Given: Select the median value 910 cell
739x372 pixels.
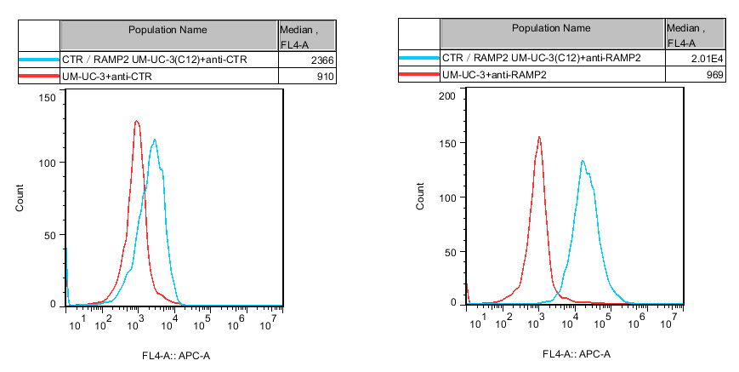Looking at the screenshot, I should point(324,77).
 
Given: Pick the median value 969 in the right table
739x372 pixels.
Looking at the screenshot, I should point(713,75).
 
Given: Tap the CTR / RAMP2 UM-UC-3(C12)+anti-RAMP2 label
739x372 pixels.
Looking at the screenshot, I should point(541,58).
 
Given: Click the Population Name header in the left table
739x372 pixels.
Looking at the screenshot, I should point(168,30).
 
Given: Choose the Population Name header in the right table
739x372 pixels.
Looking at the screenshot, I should point(551,28).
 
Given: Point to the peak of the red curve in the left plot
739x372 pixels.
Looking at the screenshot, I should point(136,121).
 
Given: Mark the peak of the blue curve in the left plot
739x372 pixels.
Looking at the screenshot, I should point(154,140).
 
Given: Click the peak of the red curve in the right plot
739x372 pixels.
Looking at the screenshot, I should point(538,136).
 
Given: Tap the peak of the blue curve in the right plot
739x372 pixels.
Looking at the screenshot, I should point(583,160).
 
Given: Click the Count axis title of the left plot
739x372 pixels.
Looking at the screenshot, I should point(20,197).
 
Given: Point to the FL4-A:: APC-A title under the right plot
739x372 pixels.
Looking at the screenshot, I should point(576,354).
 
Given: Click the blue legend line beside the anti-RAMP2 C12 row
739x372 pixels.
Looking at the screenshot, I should point(419,58).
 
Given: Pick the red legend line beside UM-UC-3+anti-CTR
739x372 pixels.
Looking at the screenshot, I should point(38,77).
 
